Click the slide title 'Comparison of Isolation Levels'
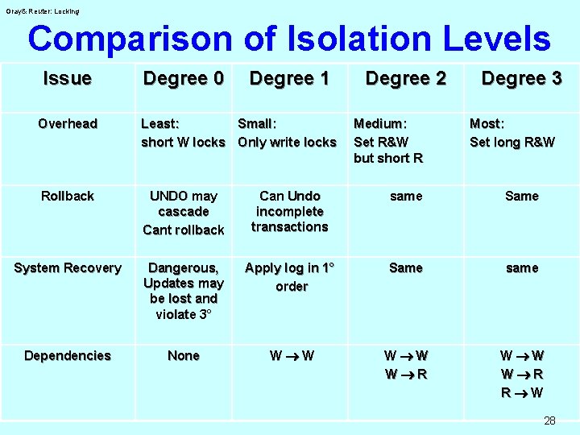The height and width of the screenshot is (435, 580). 288,38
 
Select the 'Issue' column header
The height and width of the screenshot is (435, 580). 68,78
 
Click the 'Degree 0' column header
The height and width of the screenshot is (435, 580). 183,78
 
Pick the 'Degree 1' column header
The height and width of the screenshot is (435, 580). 289,78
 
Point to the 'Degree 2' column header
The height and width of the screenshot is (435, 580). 405,78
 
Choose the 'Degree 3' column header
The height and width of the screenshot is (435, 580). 521,78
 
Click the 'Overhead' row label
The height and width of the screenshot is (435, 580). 68,123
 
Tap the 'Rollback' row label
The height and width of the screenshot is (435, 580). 68,196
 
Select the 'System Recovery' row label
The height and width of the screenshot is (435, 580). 68,267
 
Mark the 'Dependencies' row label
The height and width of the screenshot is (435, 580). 68,355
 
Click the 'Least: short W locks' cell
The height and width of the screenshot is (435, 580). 183,133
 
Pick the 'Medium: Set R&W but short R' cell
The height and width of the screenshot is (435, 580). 388,141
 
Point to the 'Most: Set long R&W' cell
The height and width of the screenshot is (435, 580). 512,133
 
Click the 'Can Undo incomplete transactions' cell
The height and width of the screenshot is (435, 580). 289,211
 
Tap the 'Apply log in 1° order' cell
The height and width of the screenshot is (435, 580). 289,276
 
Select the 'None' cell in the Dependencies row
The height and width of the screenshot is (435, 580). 183,355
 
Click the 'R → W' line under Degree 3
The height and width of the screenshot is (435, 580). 521,392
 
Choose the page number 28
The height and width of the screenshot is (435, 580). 549,420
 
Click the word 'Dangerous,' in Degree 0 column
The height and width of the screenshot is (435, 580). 183,267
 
